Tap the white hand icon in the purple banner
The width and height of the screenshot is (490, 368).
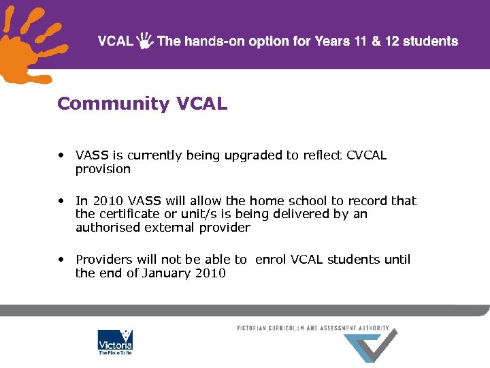point(145,41)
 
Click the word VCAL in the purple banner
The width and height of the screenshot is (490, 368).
point(116,41)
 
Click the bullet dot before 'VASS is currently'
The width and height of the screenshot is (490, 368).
point(61,155)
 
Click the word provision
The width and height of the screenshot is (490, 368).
point(103,169)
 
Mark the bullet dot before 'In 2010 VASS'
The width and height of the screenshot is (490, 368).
point(61,200)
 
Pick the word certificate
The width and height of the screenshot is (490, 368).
point(128,214)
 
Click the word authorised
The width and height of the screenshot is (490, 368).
point(108,228)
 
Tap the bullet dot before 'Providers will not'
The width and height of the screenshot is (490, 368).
point(61,259)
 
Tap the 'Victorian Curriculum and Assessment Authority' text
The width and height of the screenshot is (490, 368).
point(312,328)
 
